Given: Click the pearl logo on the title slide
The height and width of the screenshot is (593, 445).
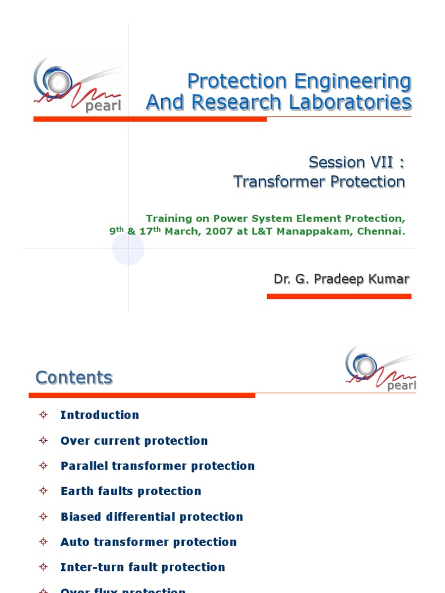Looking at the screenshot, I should [77, 84].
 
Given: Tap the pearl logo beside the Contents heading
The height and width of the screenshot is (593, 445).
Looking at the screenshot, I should [380, 369].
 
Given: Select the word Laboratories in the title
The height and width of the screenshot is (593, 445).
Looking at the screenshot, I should [355, 103].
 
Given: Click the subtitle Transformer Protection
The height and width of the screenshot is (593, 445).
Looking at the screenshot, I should [319, 182].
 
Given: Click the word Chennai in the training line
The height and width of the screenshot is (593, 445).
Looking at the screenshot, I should [381, 232].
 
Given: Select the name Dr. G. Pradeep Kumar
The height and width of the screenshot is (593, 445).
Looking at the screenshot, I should [341, 279].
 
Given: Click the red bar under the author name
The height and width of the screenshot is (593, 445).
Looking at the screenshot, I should [339, 296].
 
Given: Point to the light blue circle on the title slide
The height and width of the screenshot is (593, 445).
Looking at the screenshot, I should [128, 249].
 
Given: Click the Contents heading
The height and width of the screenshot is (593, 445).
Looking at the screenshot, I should [74, 378].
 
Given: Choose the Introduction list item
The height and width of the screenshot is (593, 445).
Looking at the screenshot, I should [100, 415].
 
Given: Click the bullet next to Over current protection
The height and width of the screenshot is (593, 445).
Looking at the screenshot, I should [43, 440].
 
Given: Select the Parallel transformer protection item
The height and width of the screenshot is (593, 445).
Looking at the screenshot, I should [158, 466].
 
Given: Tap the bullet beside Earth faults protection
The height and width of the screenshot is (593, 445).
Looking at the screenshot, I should [43, 491].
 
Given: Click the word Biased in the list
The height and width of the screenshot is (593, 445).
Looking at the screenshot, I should [81, 517].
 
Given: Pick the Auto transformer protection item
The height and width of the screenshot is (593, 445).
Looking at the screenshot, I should [148, 542].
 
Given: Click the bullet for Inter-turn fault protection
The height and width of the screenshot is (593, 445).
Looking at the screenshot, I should [43, 567].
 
